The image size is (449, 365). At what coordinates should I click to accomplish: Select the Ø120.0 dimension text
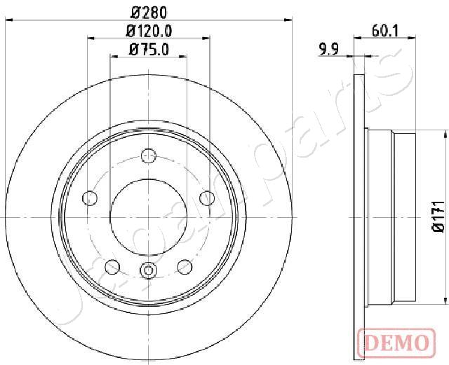(149, 31)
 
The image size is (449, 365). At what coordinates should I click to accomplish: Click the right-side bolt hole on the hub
(207, 198)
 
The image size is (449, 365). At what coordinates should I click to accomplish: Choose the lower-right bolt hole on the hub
(185, 266)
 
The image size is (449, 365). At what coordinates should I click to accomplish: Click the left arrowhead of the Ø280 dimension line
(8, 20)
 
